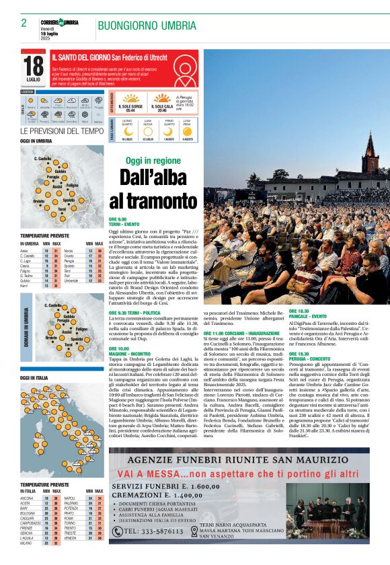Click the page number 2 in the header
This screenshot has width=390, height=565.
pos(24,23)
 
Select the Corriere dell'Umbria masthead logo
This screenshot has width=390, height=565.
pos(58,23)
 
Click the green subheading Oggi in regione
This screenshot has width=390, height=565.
pos(153,161)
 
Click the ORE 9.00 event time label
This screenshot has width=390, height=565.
pos(118,219)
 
